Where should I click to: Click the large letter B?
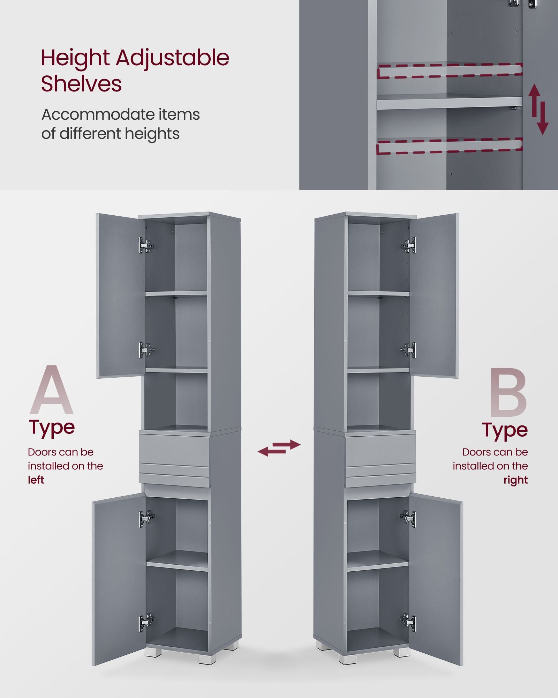508,392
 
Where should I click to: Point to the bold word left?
36,480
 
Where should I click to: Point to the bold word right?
515,480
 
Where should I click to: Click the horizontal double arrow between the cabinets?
279,448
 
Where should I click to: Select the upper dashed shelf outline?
450,70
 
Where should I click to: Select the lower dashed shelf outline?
450,146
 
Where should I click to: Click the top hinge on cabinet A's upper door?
146,245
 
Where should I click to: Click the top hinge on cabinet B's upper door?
409,245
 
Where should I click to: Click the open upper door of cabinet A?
120,295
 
